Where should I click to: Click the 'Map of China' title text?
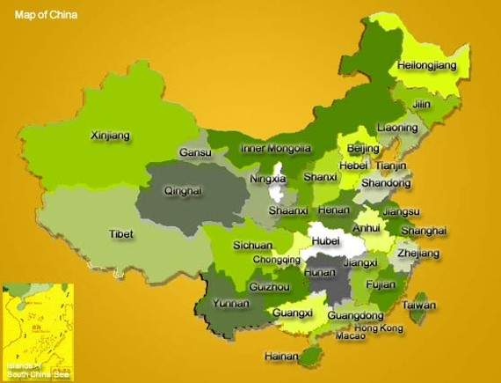coord(45,14)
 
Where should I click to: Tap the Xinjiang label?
coord(111,136)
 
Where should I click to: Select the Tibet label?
coord(120,234)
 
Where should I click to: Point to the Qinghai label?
coord(183,190)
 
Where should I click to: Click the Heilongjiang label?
coord(428,66)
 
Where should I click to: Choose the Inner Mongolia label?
coord(276,149)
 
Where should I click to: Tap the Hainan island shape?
coord(309,356)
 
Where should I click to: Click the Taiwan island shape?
coord(420,309)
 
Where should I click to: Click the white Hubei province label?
coord(324,239)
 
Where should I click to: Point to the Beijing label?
coord(363,148)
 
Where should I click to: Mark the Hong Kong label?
coord(379,328)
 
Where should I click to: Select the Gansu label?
coord(195,152)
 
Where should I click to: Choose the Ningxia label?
coord(268,180)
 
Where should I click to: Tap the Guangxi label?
coord(293,312)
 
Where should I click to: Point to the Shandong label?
coord(386,183)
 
